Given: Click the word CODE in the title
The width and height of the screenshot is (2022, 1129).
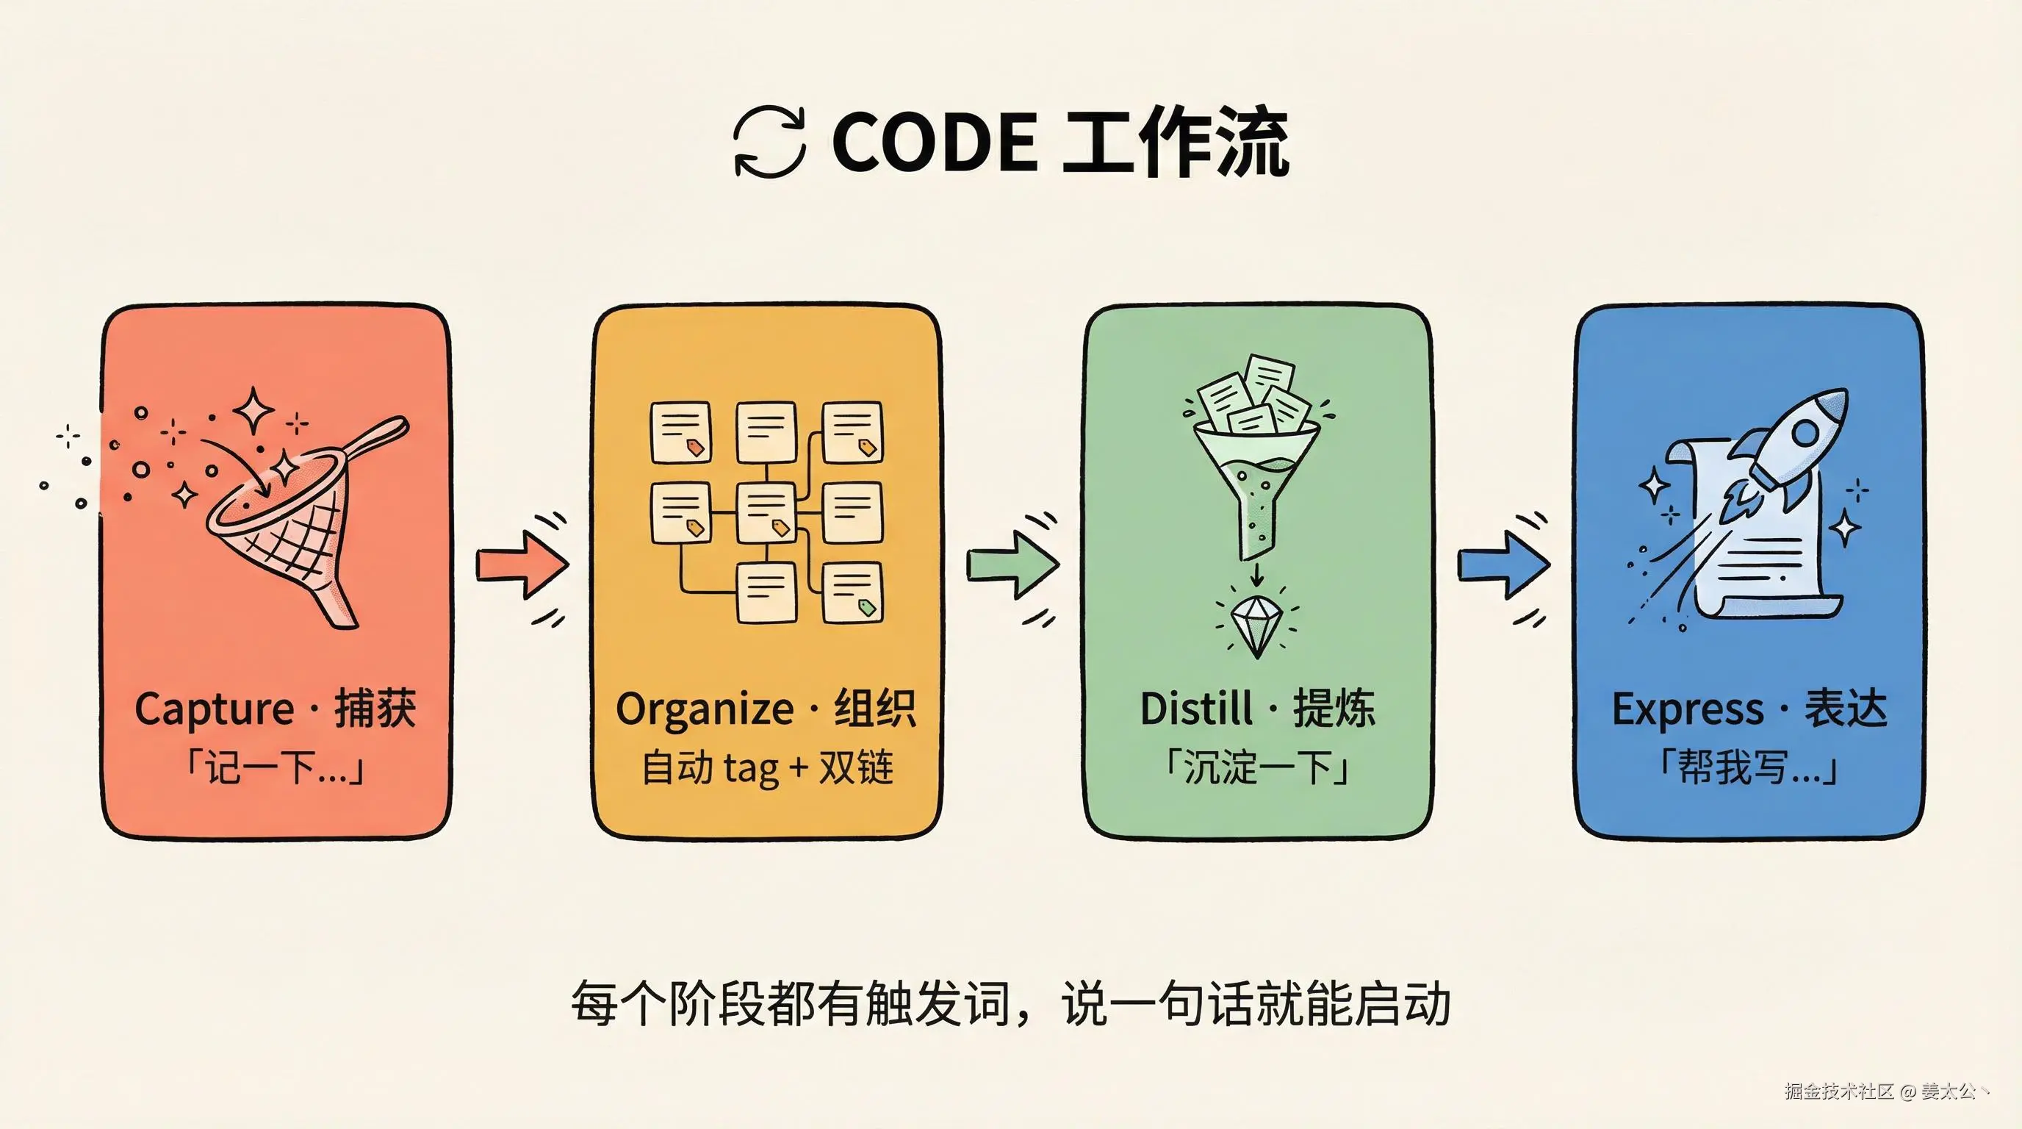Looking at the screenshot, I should coord(934,142).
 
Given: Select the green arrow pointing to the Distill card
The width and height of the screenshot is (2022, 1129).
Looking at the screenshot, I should coord(1012,564).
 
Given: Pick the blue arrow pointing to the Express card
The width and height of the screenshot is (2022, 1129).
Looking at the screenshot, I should coord(1503,564).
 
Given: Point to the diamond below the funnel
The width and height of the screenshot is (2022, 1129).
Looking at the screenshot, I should coord(1256,625).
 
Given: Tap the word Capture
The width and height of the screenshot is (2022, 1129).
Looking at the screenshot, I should coord(214,709).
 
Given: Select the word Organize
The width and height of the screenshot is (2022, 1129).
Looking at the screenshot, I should coord(704,709).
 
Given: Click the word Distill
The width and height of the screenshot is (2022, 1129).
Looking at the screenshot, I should coord(1195,709).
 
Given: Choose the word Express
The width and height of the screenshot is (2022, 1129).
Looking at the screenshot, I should coord(1687,709).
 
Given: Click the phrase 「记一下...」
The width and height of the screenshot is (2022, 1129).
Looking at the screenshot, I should coord(275,767).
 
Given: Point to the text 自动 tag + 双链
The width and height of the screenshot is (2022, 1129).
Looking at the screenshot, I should coord(767,767).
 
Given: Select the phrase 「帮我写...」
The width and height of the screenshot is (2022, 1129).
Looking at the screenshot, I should coord(1748,767).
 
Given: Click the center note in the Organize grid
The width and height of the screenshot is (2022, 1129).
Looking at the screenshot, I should coord(766,511).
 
